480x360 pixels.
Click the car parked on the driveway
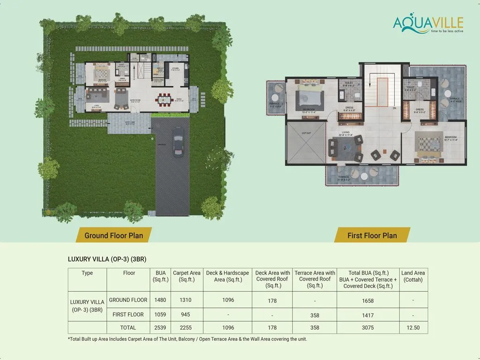[177, 142]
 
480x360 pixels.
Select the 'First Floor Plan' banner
[372, 235]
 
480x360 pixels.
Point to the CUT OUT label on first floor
[306, 133]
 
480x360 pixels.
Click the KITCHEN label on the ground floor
[175, 68]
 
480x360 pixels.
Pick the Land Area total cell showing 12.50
[413, 328]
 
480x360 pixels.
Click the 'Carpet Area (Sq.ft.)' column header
[187, 277]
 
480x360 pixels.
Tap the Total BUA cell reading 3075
[368, 328]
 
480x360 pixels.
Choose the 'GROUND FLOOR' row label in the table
[128, 300]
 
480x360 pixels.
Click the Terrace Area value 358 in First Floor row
[315, 315]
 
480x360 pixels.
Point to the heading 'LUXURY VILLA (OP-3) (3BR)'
[110, 259]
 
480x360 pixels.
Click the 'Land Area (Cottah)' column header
[413, 277]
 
